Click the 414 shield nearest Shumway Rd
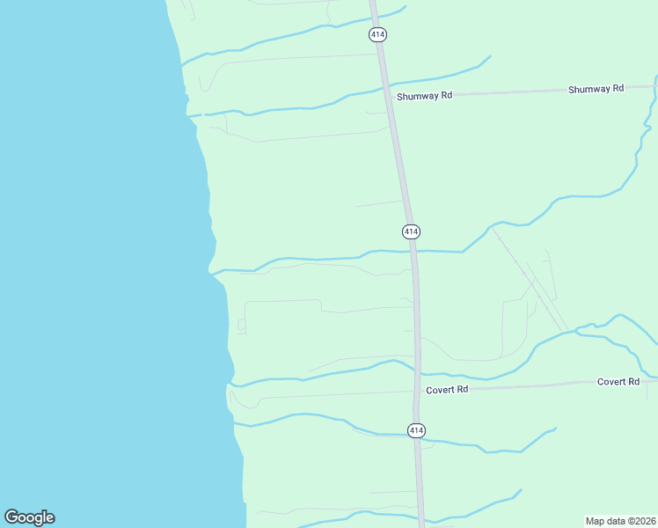click(x=377, y=34)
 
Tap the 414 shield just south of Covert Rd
click(x=417, y=430)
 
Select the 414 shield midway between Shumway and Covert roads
click(x=411, y=231)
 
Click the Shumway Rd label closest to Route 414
click(x=424, y=95)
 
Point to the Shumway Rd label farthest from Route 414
click(x=596, y=89)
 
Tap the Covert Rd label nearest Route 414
click(x=447, y=389)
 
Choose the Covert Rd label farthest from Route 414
click(x=618, y=382)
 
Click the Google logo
click(x=29, y=517)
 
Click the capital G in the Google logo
click(x=11, y=517)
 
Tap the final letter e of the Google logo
click(x=49, y=518)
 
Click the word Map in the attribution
click(x=596, y=521)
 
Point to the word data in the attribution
click(x=617, y=521)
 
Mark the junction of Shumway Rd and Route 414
click(x=390, y=95)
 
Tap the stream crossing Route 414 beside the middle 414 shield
click(x=413, y=251)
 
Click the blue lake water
click(x=88, y=264)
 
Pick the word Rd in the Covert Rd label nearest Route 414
click(x=461, y=389)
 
